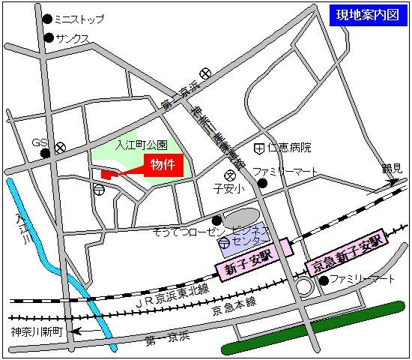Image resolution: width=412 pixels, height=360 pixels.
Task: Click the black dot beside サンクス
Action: [49, 37]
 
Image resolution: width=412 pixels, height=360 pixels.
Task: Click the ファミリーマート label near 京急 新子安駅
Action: [363, 280]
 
